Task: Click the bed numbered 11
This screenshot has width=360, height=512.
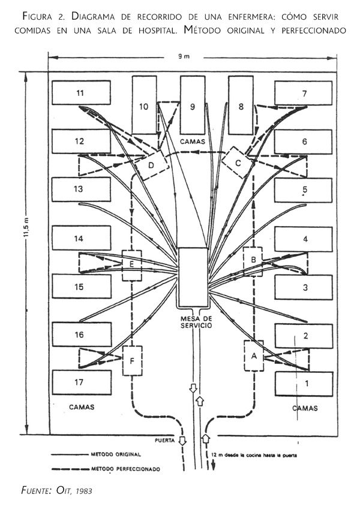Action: (81, 93)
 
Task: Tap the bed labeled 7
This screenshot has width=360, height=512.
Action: (304, 93)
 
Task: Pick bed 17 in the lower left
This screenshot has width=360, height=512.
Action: (81, 382)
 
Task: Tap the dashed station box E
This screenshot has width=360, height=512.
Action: (131, 264)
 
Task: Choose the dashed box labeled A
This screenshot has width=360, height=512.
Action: (254, 356)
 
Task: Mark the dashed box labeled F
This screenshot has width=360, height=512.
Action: (131, 360)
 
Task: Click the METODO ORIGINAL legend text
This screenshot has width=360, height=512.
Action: (115, 454)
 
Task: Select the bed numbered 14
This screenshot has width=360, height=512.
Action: (81, 238)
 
